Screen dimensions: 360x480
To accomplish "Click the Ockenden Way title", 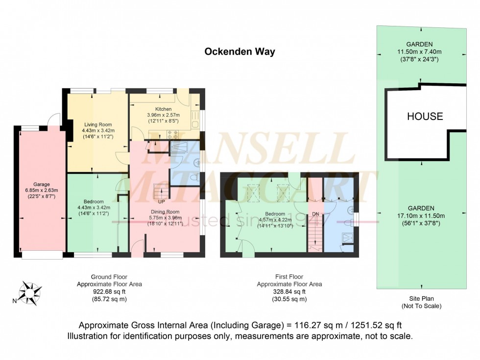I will (x=240, y=51).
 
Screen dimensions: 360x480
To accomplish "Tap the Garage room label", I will (x=42, y=185).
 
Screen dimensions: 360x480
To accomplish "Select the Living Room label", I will (x=92, y=124).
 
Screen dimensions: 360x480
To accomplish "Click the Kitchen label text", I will (x=163, y=109).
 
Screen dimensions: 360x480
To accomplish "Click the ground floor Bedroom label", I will (x=93, y=201).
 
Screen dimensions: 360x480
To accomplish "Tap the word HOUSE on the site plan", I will (x=425, y=116).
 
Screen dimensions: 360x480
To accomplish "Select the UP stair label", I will (x=161, y=201).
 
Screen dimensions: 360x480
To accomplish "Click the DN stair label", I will (x=315, y=214).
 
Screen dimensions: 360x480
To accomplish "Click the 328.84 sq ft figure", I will (x=289, y=291).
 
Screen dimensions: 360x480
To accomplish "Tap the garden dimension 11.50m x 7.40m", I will (x=420, y=51).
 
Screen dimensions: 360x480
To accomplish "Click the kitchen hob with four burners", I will (x=173, y=133).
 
